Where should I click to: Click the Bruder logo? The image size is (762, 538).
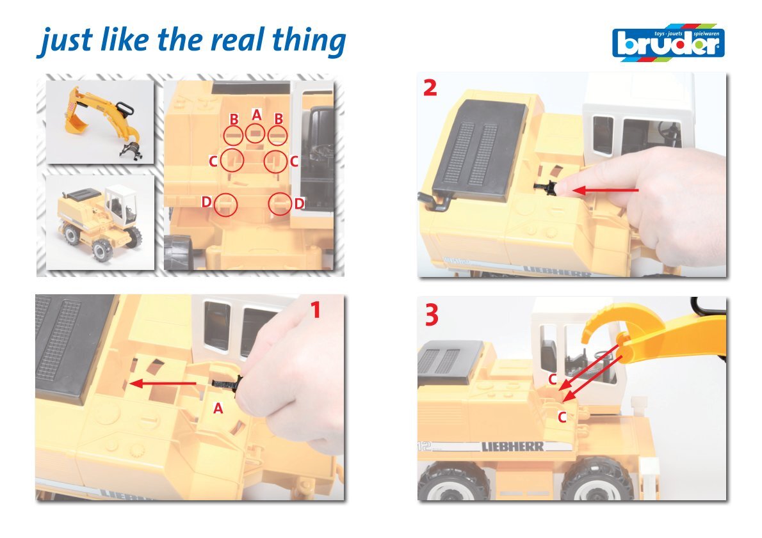click(669, 43)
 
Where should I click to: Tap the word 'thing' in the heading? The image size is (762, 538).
click(309, 41)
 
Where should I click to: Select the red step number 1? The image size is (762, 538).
click(316, 310)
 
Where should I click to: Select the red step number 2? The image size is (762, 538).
click(430, 88)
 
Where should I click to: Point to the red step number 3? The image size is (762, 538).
click(432, 315)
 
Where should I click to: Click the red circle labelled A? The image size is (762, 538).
click(255, 133)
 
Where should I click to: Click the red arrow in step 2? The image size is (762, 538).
click(606, 191)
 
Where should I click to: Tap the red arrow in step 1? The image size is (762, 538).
click(164, 384)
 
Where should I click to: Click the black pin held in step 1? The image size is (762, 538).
click(226, 384)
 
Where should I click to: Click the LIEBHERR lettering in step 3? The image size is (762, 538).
click(512, 447)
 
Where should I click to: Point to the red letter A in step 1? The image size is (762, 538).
click(218, 409)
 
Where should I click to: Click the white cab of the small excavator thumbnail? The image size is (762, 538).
click(120, 204)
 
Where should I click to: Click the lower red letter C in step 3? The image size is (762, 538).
click(562, 417)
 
